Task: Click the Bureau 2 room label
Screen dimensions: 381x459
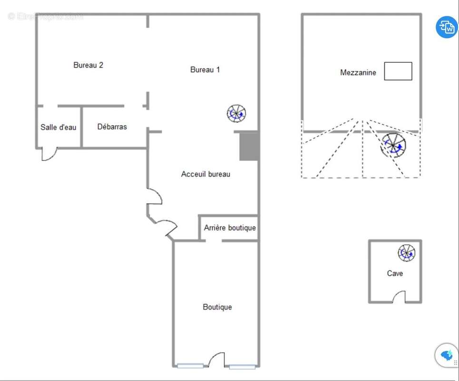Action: pyautogui.click(x=88, y=65)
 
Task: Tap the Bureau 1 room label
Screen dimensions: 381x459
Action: pyautogui.click(x=205, y=70)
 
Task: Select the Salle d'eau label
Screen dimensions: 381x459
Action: pyautogui.click(x=58, y=127)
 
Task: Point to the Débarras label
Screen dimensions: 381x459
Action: pyautogui.click(x=112, y=127)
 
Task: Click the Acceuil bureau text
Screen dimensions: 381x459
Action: pyautogui.click(x=205, y=174)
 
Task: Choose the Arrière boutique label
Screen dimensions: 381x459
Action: pyautogui.click(x=230, y=228)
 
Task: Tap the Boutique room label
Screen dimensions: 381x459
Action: pyautogui.click(x=217, y=307)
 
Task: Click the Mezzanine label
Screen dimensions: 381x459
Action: pyautogui.click(x=358, y=72)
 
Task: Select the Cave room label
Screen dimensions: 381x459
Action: pyautogui.click(x=394, y=273)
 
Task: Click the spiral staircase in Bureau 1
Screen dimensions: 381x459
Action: pyautogui.click(x=236, y=113)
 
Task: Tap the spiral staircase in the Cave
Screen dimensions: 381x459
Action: pyautogui.click(x=407, y=253)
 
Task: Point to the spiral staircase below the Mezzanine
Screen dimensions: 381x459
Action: pyautogui.click(x=393, y=146)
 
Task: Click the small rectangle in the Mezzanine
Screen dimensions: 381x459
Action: pyautogui.click(x=398, y=71)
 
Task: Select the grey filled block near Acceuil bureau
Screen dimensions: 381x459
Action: pyautogui.click(x=249, y=146)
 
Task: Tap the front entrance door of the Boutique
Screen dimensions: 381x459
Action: pyautogui.click(x=216, y=361)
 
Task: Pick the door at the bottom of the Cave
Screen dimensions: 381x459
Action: pyautogui.click(x=399, y=298)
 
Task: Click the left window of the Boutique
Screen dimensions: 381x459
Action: pyautogui.click(x=190, y=366)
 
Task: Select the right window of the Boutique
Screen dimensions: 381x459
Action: pyautogui.click(x=242, y=366)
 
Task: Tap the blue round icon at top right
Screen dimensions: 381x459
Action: pyautogui.click(x=447, y=27)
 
